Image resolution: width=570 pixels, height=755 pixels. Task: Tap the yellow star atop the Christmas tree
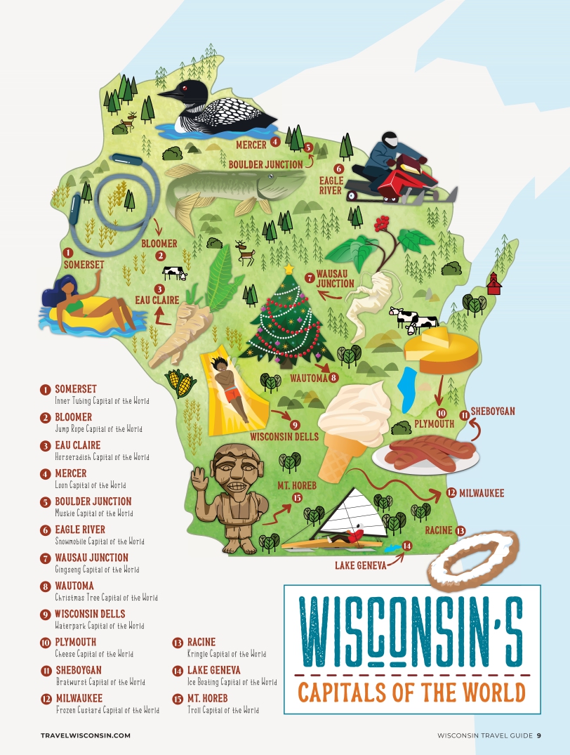tap(288, 269)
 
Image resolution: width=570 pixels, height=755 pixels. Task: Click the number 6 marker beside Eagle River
tap(338, 169)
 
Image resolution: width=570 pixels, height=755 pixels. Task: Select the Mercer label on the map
tap(251, 145)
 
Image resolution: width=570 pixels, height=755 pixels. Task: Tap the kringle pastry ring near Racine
tap(474, 560)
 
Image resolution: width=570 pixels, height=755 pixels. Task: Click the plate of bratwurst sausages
tap(426, 454)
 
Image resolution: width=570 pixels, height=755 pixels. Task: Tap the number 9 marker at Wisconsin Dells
tap(295, 424)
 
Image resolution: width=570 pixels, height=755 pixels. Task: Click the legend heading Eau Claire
tap(77, 445)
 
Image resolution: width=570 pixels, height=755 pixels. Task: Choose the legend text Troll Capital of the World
tap(223, 710)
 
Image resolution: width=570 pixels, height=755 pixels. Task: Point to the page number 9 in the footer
tap(538, 736)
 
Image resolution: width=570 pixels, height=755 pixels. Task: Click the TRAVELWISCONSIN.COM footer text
tap(86, 736)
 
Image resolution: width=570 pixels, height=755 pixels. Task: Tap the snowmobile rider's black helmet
tap(390, 138)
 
